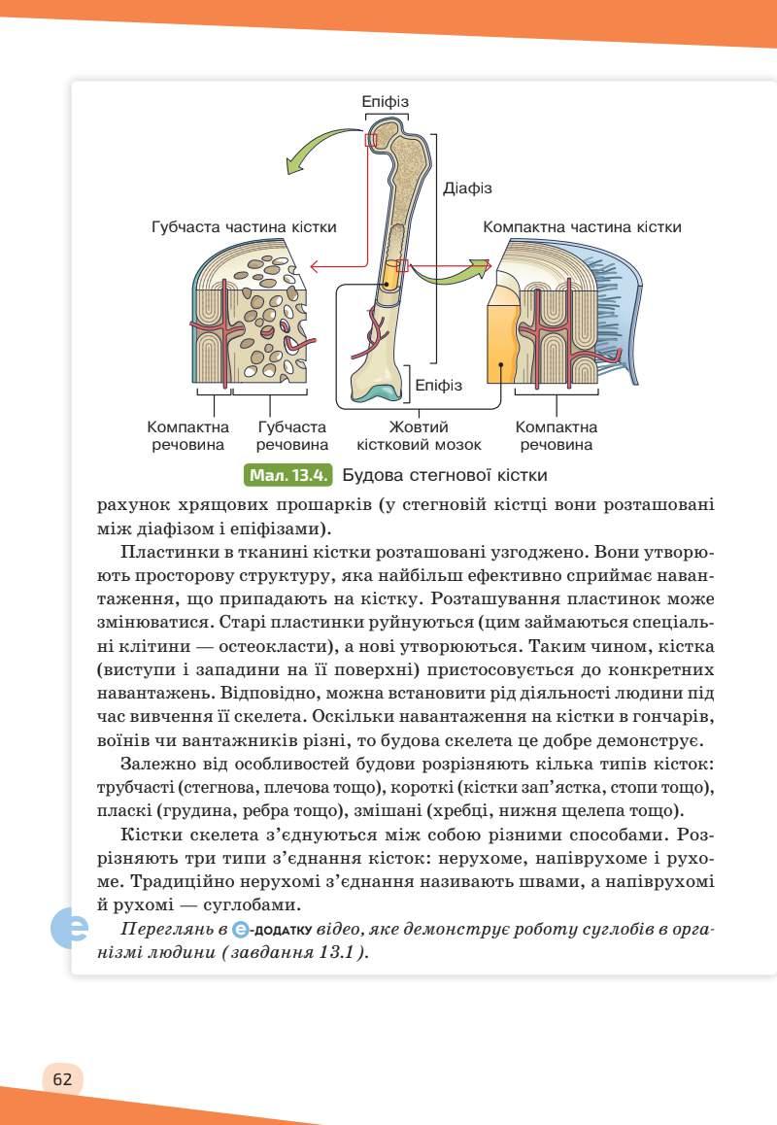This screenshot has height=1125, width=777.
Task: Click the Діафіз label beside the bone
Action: pos(467,188)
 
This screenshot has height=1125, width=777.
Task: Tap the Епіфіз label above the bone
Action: pos(385,101)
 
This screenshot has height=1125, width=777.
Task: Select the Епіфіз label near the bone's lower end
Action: pos(438,386)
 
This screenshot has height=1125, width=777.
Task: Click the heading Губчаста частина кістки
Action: pos(244,226)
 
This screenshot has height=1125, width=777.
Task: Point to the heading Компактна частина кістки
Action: pos(582,226)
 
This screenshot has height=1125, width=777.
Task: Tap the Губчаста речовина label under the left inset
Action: pos(292,436)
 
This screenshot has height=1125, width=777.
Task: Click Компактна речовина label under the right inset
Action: pos(557,436)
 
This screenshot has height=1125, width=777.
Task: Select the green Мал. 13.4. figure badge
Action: pos(290,476)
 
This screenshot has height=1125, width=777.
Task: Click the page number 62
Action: pos(63,1079)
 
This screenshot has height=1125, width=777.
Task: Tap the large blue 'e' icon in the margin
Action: pos(71,928)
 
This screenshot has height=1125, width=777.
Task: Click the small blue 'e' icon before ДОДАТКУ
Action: pos(242,929)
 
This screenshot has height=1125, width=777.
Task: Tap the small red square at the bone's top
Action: pos(370,141)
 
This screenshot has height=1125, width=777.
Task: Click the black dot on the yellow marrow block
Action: pos(501,366)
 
